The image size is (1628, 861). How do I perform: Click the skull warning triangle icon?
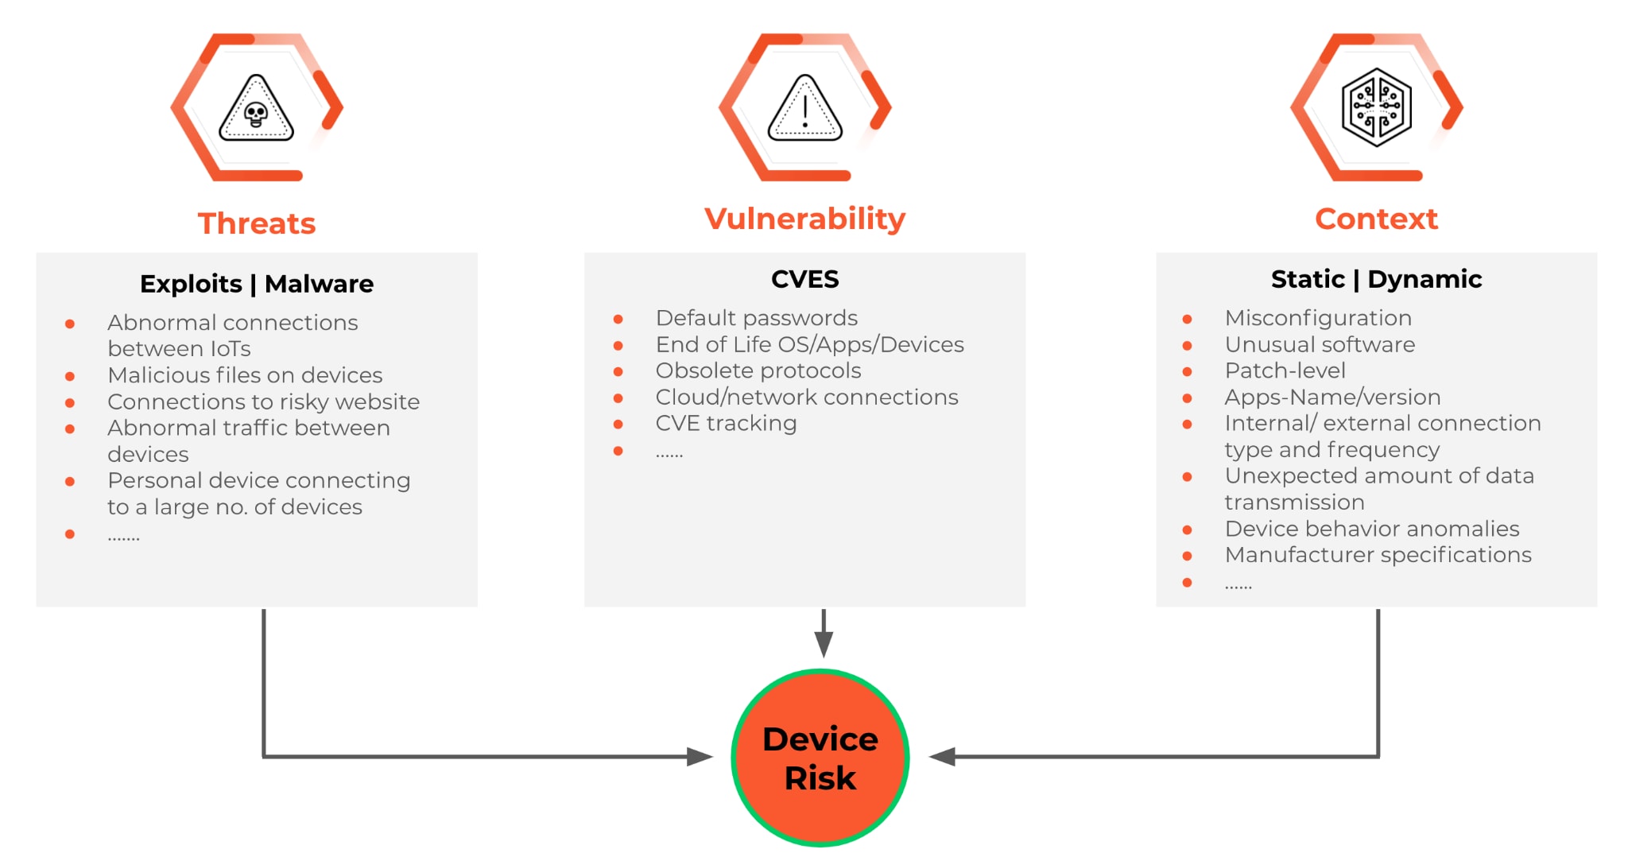256,109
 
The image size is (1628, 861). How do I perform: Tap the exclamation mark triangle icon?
804,109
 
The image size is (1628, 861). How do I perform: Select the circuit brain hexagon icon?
1376,107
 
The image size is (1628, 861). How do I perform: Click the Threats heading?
257,223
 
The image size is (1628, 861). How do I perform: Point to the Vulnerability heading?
804,219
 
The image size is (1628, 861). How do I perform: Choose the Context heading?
1376,219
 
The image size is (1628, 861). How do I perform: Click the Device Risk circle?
820,758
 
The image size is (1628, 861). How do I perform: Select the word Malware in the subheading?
319,284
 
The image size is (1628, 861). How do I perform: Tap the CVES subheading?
804,279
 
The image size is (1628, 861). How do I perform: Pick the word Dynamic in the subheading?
1424,279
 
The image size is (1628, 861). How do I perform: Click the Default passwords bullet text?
756,318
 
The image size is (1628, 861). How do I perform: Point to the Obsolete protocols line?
758,370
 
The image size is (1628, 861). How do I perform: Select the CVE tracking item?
726,423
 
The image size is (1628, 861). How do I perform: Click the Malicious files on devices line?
245,374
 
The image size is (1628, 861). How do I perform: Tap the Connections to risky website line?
263,401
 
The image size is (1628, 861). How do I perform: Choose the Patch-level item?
1285,370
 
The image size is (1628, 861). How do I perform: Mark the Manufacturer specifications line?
1378,555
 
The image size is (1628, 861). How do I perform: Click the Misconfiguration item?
1318,318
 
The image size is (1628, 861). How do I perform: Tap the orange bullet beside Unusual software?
1187,345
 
